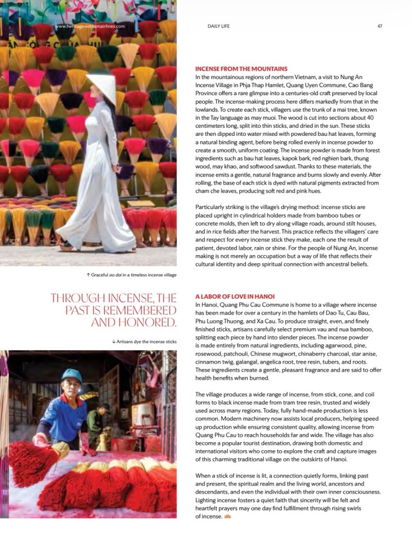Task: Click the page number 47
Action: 380,26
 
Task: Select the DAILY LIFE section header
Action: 218,26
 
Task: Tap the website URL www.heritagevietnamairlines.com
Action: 90,26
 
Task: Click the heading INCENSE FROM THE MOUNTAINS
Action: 241,69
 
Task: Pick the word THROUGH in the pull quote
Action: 75,298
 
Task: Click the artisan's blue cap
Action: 72,376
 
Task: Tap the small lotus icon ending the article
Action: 227,517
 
